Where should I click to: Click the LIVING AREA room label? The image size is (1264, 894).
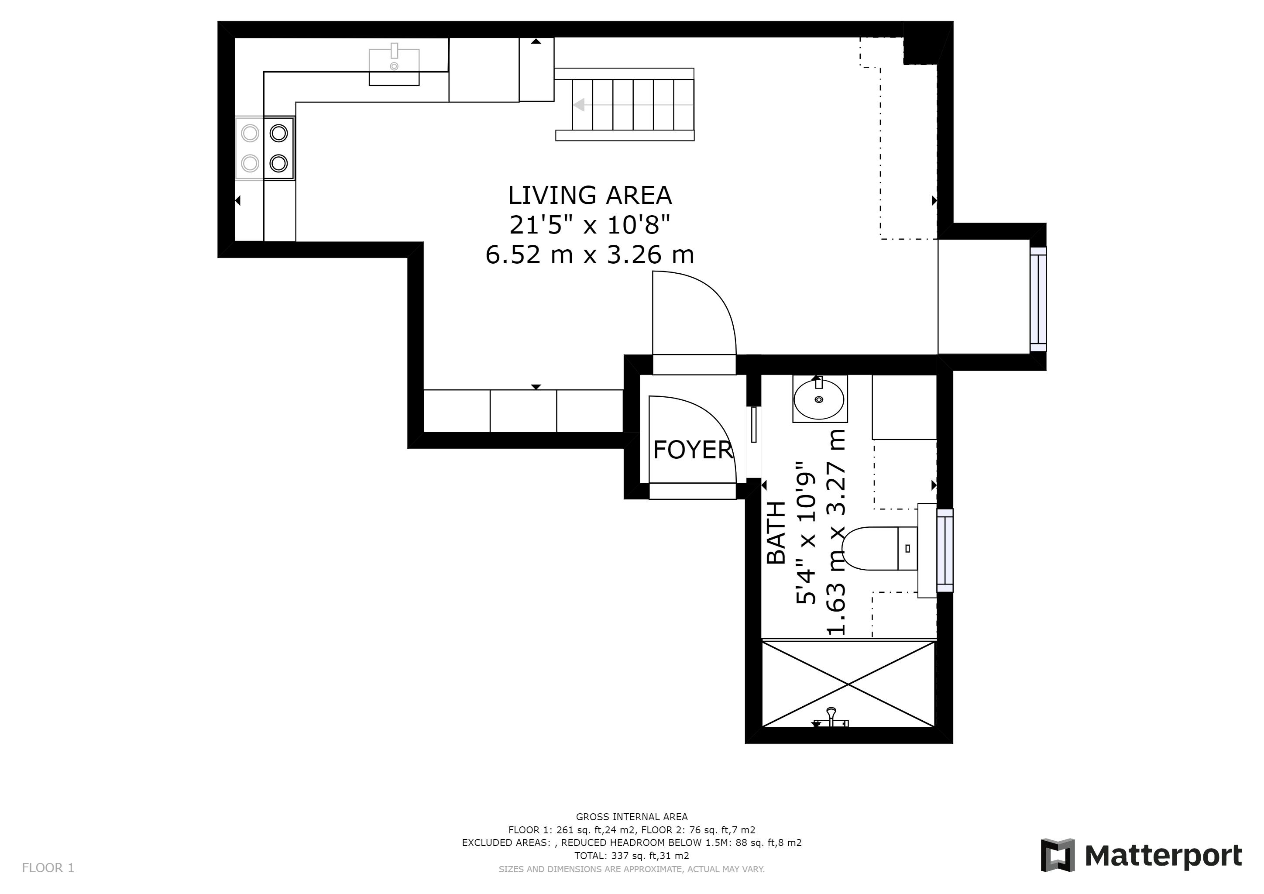590,196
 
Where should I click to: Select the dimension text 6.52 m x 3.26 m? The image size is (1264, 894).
590,255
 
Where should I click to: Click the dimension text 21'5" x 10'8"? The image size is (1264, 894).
590,225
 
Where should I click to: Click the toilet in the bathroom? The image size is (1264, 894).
880,548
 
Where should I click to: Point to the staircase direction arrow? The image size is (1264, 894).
633,105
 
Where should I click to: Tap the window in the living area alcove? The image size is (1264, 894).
1038,299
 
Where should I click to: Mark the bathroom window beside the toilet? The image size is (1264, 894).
945,550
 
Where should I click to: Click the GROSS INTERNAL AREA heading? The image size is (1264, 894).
632,817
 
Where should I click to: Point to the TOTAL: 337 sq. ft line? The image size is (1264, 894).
632,856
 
